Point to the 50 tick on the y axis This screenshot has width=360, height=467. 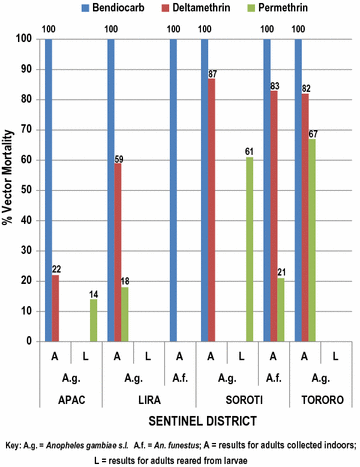(x=27, y=190)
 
